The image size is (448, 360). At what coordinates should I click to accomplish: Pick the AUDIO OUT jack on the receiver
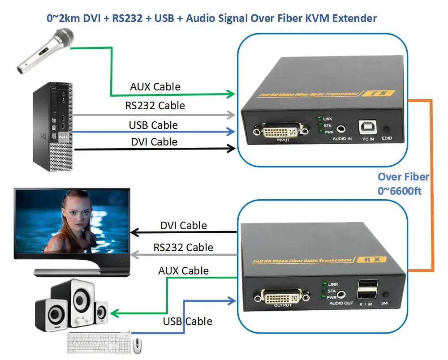coord(342,294)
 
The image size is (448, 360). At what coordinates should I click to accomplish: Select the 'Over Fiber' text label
coord(403,177)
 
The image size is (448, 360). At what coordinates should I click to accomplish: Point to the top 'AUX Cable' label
coord(155,86)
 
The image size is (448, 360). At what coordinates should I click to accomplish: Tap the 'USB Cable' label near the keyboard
coord(187,321)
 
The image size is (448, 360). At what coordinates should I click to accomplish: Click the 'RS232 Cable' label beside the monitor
coord(183,247)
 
